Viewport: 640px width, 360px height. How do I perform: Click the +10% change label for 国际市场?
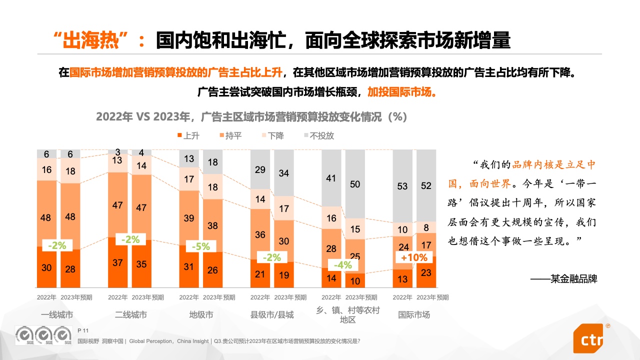[x=414, y=258]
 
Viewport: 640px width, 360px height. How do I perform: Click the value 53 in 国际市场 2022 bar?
[x=402, y=186]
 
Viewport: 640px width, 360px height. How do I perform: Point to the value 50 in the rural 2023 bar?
[x=355, y=184]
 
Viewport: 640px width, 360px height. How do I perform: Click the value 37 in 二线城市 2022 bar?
[x=117, y=262]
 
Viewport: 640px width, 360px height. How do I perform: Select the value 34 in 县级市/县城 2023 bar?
[x=284, y=173]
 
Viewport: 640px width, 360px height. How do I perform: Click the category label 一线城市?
[x=57, y=315]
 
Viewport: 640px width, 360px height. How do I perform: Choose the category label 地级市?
[x=201, y=315]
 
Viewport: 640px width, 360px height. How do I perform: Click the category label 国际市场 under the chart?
[x=414, y=315]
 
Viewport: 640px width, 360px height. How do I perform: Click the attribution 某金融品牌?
[x=573, y=279]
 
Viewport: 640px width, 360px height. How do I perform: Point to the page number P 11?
[x=83, y=331]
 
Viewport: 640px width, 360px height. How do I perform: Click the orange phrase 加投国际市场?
[x=401, y=92]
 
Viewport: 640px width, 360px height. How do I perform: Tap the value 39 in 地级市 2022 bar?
[x=189, y=218]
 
